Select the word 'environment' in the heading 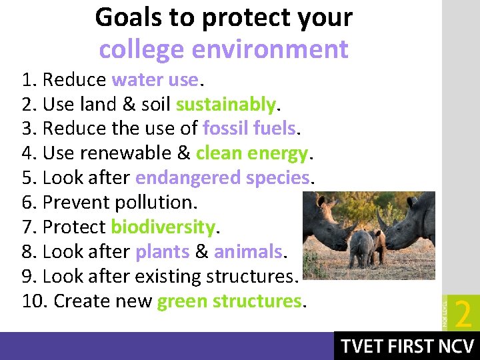(x=269, y=49)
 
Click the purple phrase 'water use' (x=155, y=80)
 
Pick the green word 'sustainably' (x=225, y=105)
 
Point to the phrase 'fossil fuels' (x=249, y=129)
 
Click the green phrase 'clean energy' (x=251, y=153)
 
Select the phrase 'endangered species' (x=222, y=178)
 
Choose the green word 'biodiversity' (x=163, y=227)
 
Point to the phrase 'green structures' (x=229, y=301)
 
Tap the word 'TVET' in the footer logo (x=363, y=347)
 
